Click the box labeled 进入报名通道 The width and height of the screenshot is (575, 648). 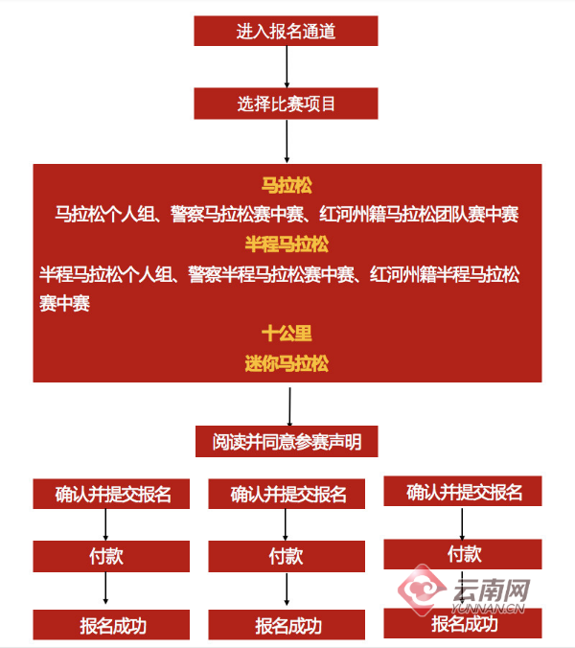pyautogui.click(x=286, y=31)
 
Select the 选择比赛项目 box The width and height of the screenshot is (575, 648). pyautogui.click(x=286, y=104)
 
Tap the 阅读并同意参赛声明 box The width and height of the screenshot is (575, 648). pyautogui.click(x=287, y=441)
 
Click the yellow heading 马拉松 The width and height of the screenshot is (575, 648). pyautogui.click(x=287, y=185)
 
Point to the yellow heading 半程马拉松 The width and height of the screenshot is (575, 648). pyautogui.click(x=287, y=243)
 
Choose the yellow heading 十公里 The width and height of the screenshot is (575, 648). pyautogui.click(x=287, y=334)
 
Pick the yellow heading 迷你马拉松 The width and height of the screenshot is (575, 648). pyautogui.click(x=287, y=363)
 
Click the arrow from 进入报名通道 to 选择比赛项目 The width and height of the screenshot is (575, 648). pyautogui.click(x=287, y=67)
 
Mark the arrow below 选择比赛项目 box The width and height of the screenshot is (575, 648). pyautogui.click(x=287, y=141)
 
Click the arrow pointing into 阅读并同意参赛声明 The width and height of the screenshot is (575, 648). pyautogui.click(x=289, y=406)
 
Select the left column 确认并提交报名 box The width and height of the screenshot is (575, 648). pyautogui.click(x=111, y=494)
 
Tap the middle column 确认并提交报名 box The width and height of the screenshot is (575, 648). pyautogui.click(x=287, y=494)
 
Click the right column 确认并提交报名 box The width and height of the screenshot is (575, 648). pyautogui.click(x=463, y=491)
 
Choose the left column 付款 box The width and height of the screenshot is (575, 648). pyautogui.click(x=111, y=556)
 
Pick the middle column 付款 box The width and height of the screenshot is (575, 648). pyautogui.click(x=287, y=556)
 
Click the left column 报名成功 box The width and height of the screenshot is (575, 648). pyautogui.click(x=111, y=624)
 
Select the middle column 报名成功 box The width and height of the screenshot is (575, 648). pyautogui.click(x=287, y=624)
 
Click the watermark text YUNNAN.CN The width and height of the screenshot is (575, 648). pyautogui.click(x=488, y=608)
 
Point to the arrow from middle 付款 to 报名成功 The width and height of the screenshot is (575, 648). pyautogui.click(x=287, y=589)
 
